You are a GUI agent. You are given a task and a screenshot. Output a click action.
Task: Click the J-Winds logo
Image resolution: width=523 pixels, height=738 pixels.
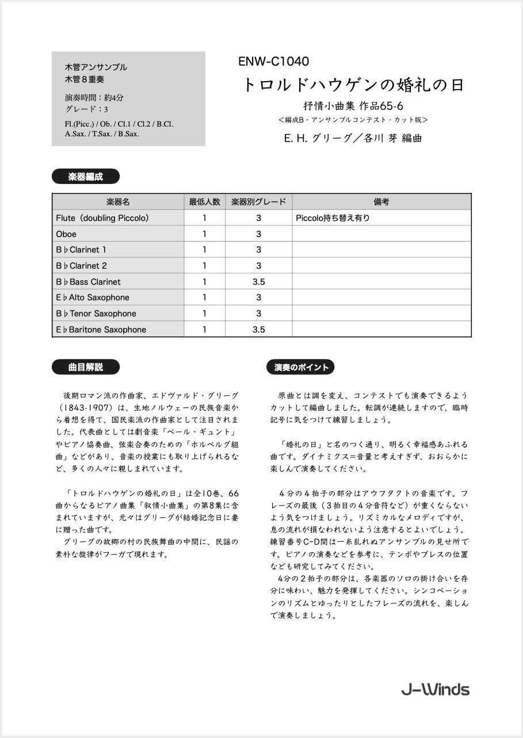click(x=435, y=690)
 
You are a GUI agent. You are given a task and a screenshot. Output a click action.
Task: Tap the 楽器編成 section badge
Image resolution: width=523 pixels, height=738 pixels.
click(x=86, y=177)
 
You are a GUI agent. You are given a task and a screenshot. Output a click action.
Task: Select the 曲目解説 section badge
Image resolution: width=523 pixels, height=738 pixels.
click(x=86, y=367)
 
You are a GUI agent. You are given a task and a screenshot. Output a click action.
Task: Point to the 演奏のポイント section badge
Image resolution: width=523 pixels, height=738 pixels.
click(x=300, y=367)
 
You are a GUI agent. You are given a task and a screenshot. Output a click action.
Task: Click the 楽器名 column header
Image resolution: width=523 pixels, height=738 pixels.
click(x=118, y=202)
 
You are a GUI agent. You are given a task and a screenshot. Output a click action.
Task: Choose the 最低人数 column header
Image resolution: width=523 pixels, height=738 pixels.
click(x=204, y=202)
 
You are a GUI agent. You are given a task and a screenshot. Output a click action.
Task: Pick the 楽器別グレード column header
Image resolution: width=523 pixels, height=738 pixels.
click(x=258, y=202)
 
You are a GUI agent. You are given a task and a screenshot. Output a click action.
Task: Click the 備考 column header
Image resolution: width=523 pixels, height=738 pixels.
click(x=381, y=202)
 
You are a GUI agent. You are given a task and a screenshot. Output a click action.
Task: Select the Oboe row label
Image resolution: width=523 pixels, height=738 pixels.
click(x=66, y=234)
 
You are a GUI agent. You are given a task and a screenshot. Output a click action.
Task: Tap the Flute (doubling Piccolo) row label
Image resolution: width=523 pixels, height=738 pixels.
click(x=103, y=218)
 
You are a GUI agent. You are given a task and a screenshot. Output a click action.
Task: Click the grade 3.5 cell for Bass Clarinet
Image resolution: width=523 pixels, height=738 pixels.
click(x=258, y=282)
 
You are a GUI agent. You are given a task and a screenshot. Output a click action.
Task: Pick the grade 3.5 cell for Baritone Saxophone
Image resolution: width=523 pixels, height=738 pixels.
click(x=258, y=330)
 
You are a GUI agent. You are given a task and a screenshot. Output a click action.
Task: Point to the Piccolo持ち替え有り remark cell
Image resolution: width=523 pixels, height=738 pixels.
click(x=333, y=218)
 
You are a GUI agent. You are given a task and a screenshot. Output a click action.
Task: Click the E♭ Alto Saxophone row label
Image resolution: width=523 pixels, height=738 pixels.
click(x=93, y=297)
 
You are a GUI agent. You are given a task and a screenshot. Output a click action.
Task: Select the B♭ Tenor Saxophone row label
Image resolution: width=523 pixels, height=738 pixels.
click(x=96, y=313)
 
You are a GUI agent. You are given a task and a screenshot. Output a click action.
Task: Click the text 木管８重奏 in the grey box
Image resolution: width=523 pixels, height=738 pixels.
click(x=85, y=79)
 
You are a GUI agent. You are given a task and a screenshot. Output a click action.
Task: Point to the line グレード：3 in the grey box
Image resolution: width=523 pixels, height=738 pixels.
click(x=86, y=109)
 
